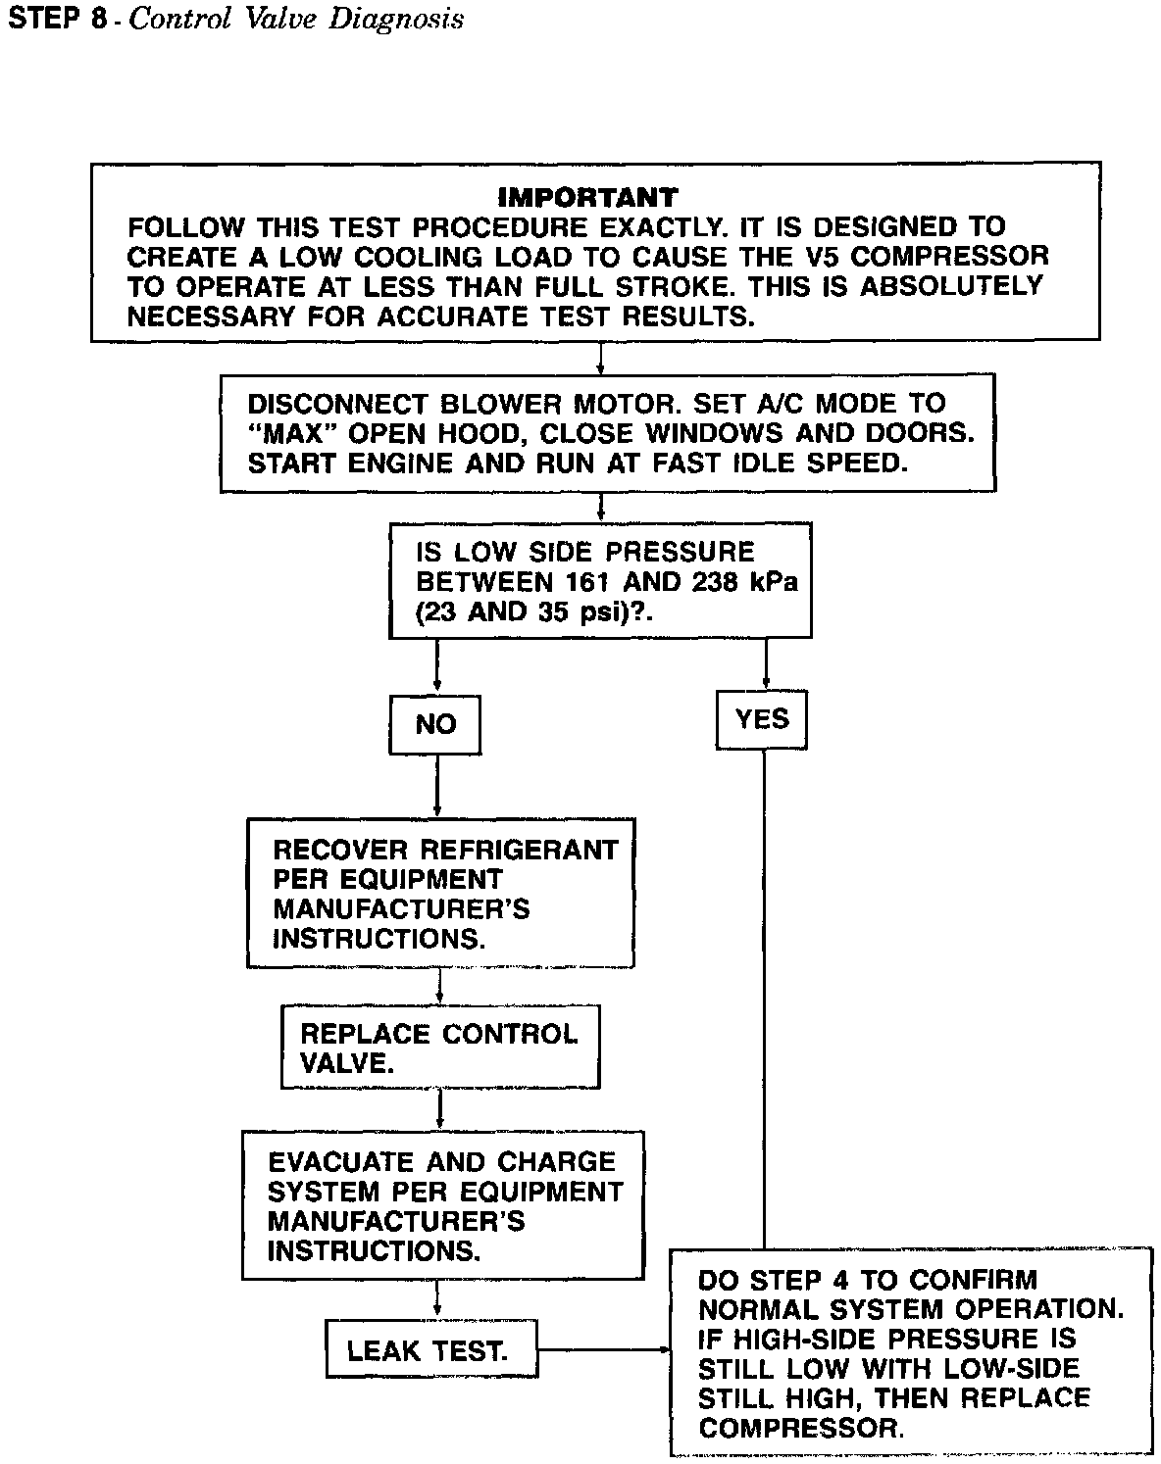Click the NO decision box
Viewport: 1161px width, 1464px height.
pyautogui.click(x=435, y=724)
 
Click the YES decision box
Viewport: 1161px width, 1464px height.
pyautogui.click(x=761, y=720)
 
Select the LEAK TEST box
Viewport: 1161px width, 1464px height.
pyautogui.click(x=430, y=1352)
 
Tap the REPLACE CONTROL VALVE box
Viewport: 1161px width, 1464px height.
pyautogui.click(x=439, y=1048)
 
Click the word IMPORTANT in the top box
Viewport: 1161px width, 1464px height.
pyautogui.click(x=587, y=197)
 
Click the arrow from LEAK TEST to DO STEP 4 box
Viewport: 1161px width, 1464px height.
pyautogui.click(x=603, y=1351)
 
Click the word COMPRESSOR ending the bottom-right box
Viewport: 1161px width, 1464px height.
pyautogui.click(x=799, y=1428)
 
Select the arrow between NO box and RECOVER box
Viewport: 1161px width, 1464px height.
pyautogui.click(x=435, y=787)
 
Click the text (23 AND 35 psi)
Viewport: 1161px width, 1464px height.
pyautogui.click(x=530, y=611)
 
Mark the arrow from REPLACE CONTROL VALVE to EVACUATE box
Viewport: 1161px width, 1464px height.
pyautogui.click(x=439, y=1109)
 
